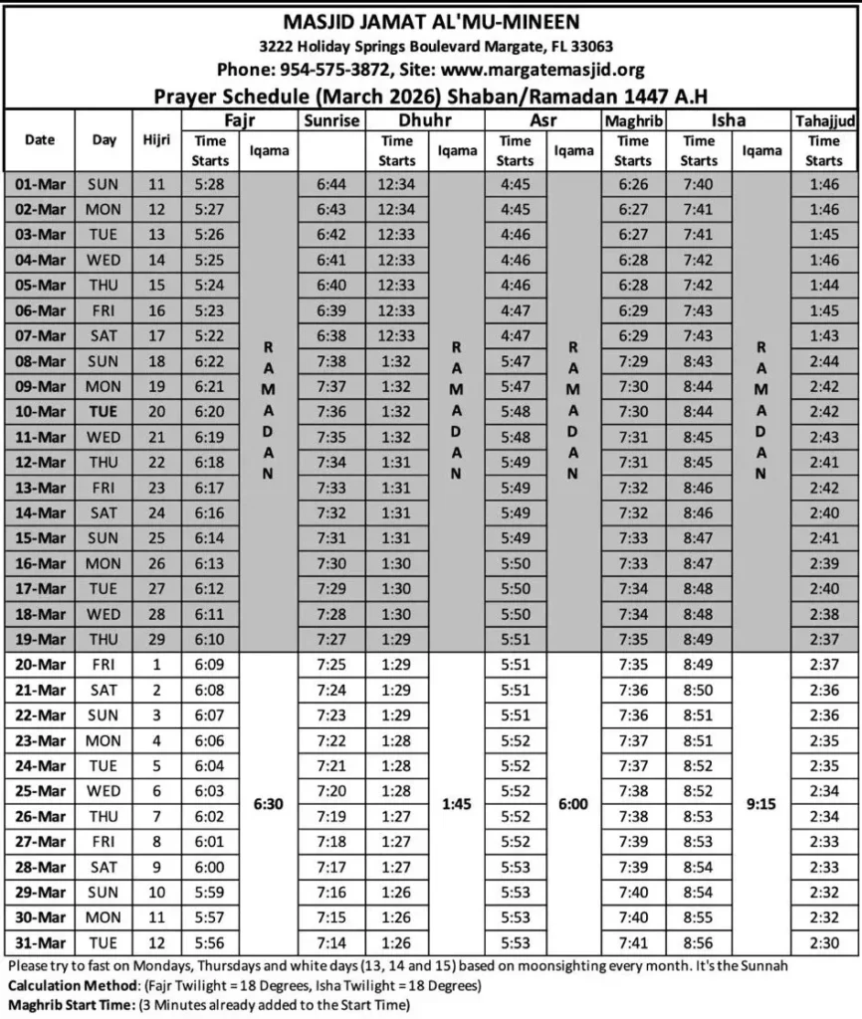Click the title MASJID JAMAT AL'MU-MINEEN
pos(431,21)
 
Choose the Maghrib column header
pos(632,121)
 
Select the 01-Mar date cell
pos(40,184)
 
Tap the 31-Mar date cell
pos(40,942)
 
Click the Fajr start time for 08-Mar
pos(211,360)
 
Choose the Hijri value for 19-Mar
pos(156,639)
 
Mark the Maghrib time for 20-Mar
pos(632,664)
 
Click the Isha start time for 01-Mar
pos(699,184)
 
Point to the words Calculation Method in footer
pos(72,986)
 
